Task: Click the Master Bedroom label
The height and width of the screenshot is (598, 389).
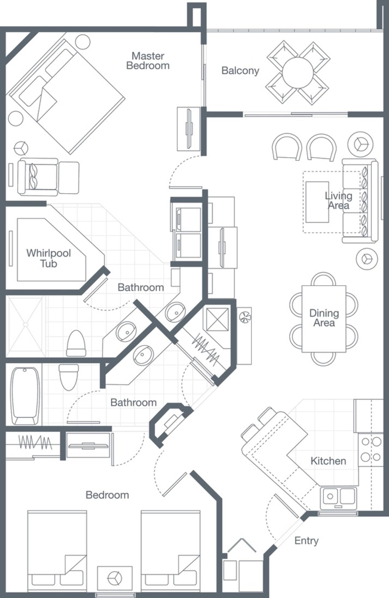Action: coord(148,61)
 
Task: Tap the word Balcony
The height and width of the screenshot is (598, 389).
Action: coord(240,71)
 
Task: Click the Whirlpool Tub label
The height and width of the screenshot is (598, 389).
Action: coord(49,258)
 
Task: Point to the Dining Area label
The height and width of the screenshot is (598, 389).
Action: coord(324,318)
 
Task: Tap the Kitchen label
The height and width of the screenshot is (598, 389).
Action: coord(328,461)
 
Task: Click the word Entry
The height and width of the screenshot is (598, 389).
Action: coord(306,541)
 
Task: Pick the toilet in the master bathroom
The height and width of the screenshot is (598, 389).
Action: coord(76,344)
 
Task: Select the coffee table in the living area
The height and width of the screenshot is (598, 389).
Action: coord(317,202)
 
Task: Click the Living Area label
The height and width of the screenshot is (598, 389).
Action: coord(338,201)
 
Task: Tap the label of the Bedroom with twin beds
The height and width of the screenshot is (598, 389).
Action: coord(107,495)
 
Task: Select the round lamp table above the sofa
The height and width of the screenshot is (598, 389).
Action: coord(360,145)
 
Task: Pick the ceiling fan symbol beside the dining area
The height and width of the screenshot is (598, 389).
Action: coord(245,318)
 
